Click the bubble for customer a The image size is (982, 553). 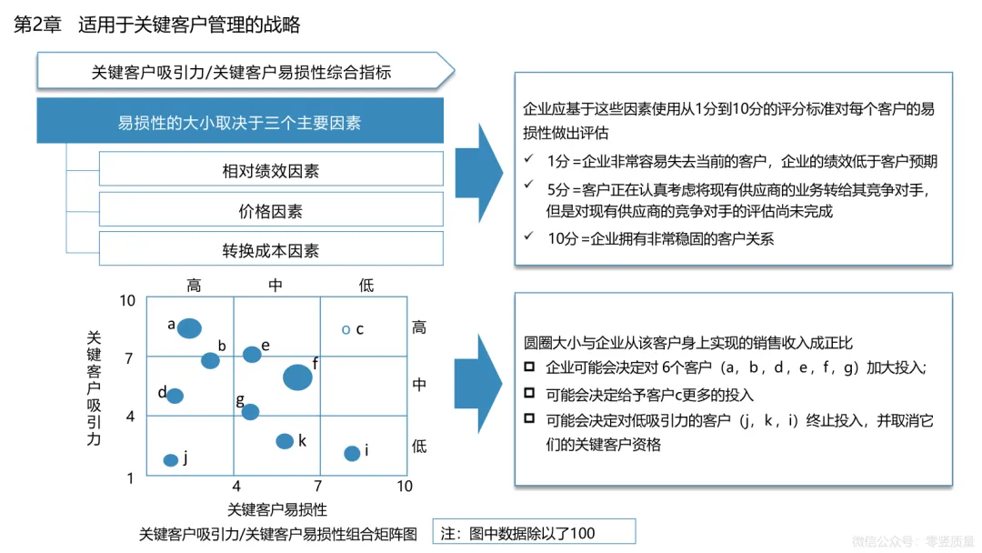coord(189,328)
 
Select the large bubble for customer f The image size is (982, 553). coord(297,377)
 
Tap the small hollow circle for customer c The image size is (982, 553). coord(346,329)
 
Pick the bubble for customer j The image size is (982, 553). coord(170,460)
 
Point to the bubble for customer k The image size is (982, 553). coord(285,441)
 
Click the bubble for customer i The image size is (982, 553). coord(352,453)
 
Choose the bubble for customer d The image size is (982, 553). coord(175,396)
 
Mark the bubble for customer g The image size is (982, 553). coord(250,412)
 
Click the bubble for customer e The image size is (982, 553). coord(252,354)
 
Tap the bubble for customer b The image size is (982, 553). coord(210,360)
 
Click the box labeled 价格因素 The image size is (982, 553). coord(271,210)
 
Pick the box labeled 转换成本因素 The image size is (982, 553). coord(271,249)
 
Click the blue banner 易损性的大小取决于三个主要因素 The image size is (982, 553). coord(240,121)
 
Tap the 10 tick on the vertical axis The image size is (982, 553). coord(127,301)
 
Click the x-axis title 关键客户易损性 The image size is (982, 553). coord(277,509)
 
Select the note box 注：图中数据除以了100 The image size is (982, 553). coord(534,532)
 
